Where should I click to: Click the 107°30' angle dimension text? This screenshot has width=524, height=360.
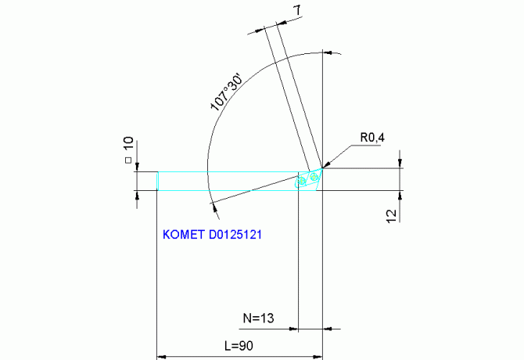tap(227, 92)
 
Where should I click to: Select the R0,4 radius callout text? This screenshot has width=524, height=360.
tap(372, 139)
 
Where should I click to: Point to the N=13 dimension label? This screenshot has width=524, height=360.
tap(260, 319)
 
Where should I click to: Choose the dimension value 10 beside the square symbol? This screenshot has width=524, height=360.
tap(128, 146)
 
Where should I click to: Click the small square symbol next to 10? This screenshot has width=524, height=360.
tap(128, 161)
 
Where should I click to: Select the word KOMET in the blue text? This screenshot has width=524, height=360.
tap(184, 234)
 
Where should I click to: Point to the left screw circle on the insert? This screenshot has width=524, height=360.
tap(302, 182)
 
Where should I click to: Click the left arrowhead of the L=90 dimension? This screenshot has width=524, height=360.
tap(162, 356)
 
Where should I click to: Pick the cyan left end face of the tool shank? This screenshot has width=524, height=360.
tap(157, 181)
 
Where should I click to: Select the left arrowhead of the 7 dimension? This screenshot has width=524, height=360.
tap(260, 31)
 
